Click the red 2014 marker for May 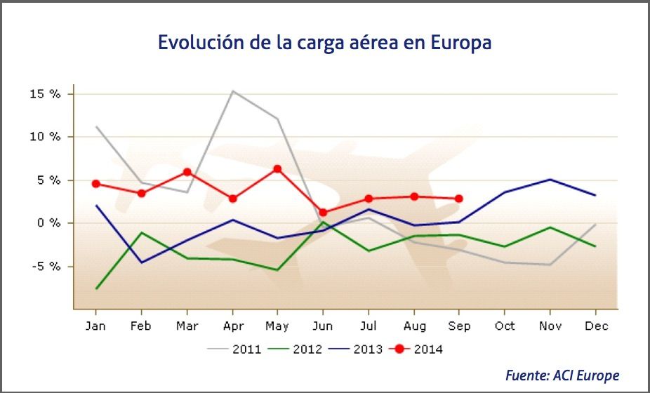277,169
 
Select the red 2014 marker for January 96,184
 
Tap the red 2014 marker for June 323,212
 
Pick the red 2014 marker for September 459,199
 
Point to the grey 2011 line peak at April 232,91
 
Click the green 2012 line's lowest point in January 96,288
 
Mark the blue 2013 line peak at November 550,180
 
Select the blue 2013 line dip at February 142,262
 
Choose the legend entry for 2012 296,348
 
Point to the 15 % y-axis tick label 44,94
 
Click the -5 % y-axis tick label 44,266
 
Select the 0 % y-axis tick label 48,223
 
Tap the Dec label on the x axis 595,326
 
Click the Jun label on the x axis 323,326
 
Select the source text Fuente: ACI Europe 562,375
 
